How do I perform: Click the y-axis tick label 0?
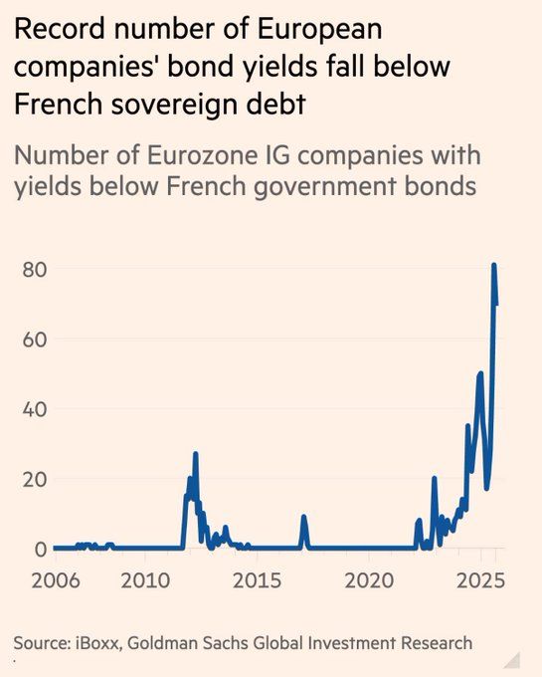[x=41, y=549]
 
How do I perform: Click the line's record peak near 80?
[x=493, y=265]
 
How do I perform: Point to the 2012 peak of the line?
[x=196, y=454]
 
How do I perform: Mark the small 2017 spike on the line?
[x=304, y=517]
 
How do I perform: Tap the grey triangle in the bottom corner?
[x=512, y=660]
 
